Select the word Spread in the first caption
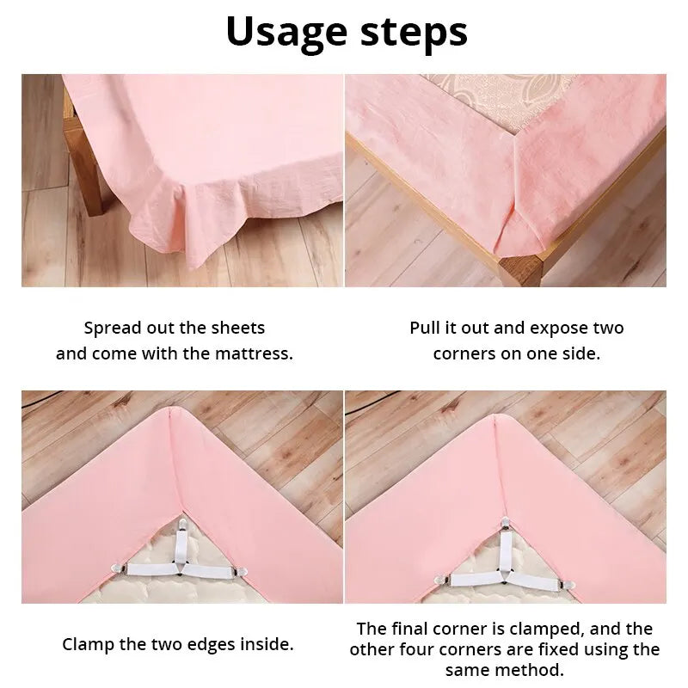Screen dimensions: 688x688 tap(110, 328)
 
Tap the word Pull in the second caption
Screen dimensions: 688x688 tap(425, 328)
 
